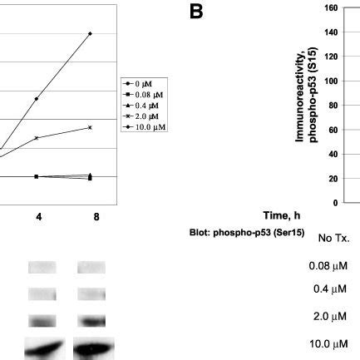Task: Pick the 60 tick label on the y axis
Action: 331,130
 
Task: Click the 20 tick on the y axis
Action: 331,178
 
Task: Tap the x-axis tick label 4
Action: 37,217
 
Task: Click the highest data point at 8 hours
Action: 90,34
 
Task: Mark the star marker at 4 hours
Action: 37,137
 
